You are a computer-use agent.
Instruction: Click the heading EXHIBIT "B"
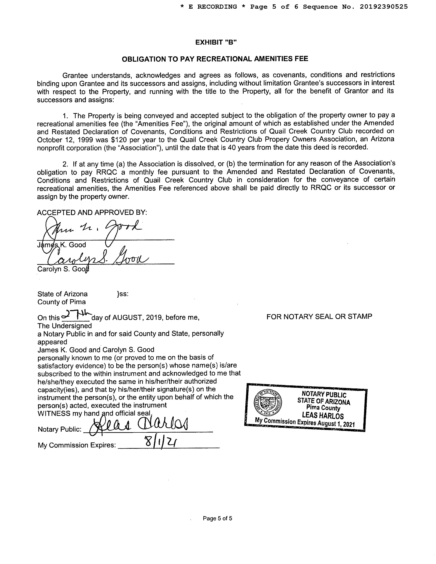216,42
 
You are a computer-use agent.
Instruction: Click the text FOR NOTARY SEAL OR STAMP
319,316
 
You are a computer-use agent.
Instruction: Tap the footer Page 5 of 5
217,518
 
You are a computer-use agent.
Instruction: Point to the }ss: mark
123,294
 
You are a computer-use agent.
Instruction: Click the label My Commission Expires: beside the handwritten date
77,445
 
